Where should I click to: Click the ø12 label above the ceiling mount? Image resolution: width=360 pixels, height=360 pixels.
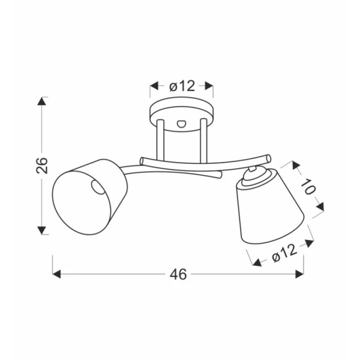point(182,86)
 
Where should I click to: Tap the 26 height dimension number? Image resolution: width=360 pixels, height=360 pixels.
point(42,166)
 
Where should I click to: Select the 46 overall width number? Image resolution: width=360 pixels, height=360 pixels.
point(178,274)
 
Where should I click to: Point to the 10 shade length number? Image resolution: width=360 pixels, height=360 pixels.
point(308,187)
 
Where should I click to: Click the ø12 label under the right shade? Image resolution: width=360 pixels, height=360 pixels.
point(284,253)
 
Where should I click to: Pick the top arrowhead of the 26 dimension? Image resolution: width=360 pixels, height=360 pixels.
point(41,101)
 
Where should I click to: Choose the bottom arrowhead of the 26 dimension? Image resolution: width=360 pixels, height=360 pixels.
point(41,230)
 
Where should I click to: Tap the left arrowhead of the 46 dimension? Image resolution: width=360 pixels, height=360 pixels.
point(56,274)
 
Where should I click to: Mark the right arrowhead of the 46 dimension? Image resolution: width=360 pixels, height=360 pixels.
point(299,274)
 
